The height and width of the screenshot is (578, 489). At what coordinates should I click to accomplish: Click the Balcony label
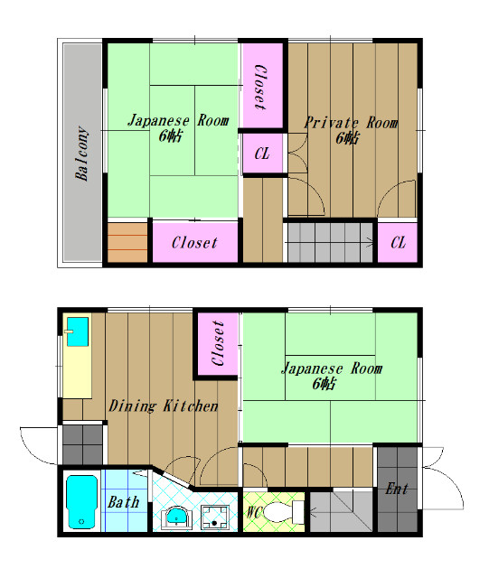click(x=82, y=154)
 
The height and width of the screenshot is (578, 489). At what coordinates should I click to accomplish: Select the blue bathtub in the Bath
click(x=81, y=502)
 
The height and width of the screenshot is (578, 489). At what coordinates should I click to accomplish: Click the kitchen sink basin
click(x=78, y=331)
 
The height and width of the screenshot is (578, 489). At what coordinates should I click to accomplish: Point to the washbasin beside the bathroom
click(x=177, y=517)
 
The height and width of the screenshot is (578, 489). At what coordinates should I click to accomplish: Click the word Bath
click(x=124, y=502)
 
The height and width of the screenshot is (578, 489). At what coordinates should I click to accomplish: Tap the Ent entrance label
click(x=397, y=489)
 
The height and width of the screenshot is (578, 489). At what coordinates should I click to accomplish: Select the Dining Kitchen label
click(x=164, y=406)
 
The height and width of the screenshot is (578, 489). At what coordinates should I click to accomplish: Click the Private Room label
click(x=351, y=123)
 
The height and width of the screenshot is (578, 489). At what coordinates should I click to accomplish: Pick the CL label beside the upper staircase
click(x=398, y=243)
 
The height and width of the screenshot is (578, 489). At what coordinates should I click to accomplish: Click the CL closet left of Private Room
click(x=262, y=154)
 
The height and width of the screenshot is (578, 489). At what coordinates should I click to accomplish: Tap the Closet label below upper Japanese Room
click(x=194, y=243)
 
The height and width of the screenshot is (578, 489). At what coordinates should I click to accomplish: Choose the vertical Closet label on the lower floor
click(x=218, y=343)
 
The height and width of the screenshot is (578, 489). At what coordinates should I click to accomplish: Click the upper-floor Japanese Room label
click(x=178, y=120)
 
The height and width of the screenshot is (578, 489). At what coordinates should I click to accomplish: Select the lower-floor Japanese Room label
click(x=332, y=368)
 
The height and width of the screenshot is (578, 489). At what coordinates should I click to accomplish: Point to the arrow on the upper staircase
click(x=329, y=242)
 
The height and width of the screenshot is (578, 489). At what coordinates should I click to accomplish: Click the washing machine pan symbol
click(x=214, y=517)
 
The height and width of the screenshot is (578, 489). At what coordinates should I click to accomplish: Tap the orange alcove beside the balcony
click(x=127, y=242)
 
